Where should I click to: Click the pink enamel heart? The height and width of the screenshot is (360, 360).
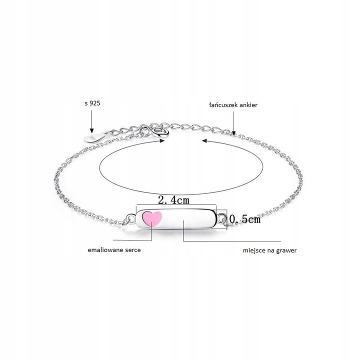(x=152, y=218)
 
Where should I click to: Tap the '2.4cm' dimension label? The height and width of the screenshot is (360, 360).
(x=174, y=200)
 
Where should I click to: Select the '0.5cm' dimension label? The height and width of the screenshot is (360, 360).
(x=245, y=219)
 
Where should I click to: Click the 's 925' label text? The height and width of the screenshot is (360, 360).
(x=92, y=103)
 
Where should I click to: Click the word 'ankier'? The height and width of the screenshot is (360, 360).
(x=248, y=105)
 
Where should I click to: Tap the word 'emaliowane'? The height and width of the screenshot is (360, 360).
(x=105, y=250)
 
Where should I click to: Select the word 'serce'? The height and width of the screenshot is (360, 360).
(x=133, y=250)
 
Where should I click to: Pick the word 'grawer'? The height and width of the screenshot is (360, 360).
(x=286, y=250)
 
